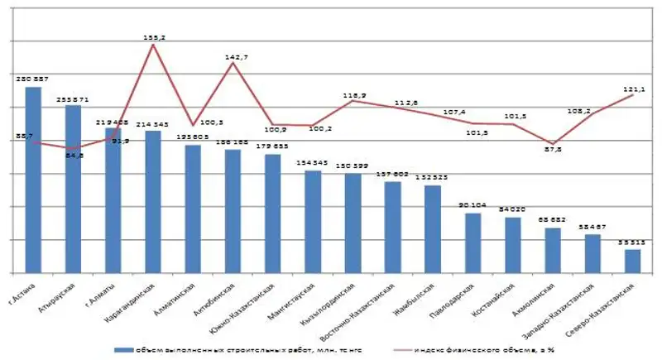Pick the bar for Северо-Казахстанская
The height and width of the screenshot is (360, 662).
[632, 261]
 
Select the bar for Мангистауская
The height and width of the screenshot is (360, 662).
[313, 221]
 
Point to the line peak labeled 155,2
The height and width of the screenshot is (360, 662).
[153, 45]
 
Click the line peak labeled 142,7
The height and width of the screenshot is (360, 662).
[233, 63]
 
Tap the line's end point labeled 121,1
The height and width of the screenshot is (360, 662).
[633, 95]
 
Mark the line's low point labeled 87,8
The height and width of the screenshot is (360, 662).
[553, 143]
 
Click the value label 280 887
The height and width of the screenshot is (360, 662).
[33, 79]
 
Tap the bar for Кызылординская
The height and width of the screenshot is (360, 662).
[353, 223]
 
